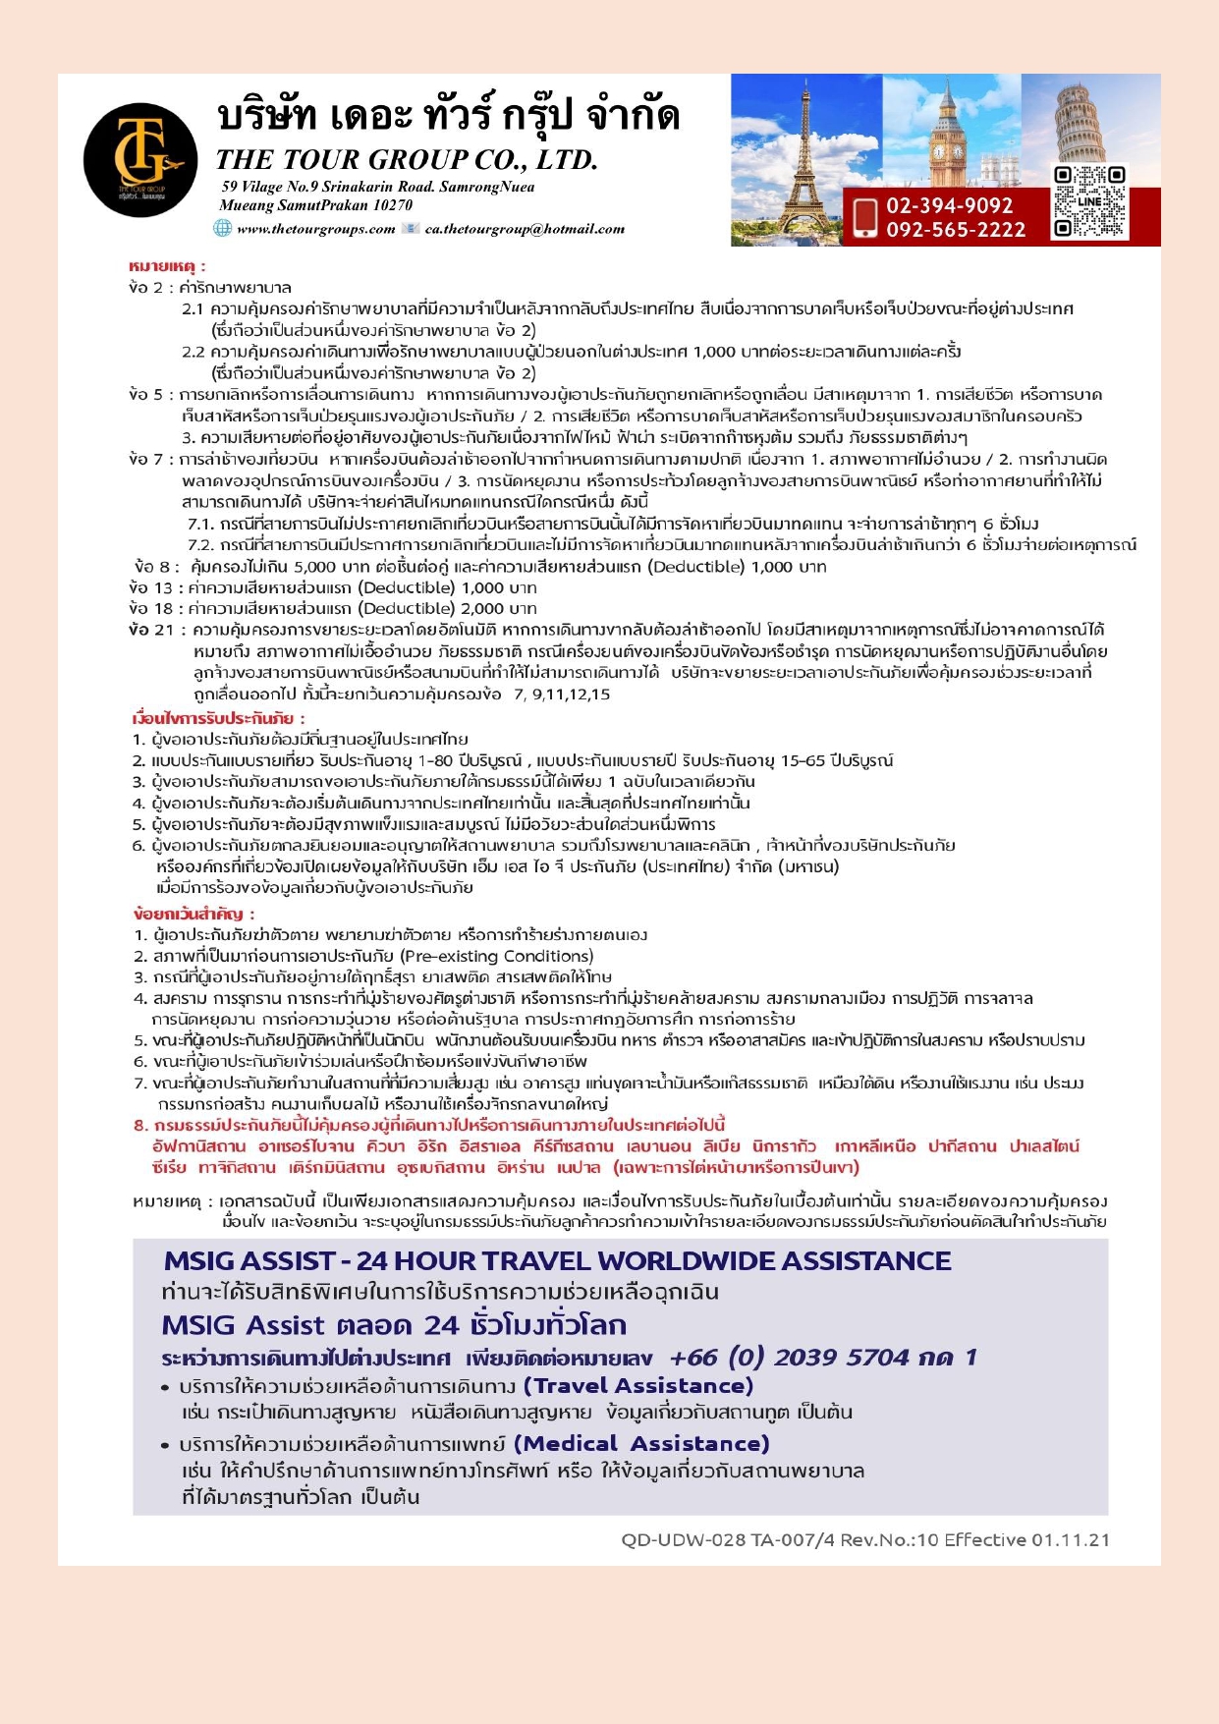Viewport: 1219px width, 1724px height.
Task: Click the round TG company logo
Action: tap(140, 160)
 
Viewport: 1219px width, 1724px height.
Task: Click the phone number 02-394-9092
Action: tap(949, 205)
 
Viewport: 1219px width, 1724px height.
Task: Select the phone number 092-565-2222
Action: tap(955, 230)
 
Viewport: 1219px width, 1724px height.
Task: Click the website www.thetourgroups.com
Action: tap(315, 230)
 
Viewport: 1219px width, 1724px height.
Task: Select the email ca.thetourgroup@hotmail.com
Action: tap(525, 230)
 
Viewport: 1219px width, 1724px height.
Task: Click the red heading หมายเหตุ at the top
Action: tap(167, 266)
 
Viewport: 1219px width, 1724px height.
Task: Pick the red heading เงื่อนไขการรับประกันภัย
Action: tap(218, 718)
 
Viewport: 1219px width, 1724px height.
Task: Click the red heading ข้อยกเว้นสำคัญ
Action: tap(194, 914)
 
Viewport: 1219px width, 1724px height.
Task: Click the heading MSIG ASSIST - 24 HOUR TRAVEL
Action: tap(557, 1260)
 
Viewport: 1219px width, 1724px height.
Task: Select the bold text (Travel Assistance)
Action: tap(637, 1386)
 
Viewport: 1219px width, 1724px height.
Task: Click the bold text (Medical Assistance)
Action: tap(641, 1444)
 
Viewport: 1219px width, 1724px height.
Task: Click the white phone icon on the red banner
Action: tap(865, 217)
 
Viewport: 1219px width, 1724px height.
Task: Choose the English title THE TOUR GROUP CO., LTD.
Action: tap(407, 159)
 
